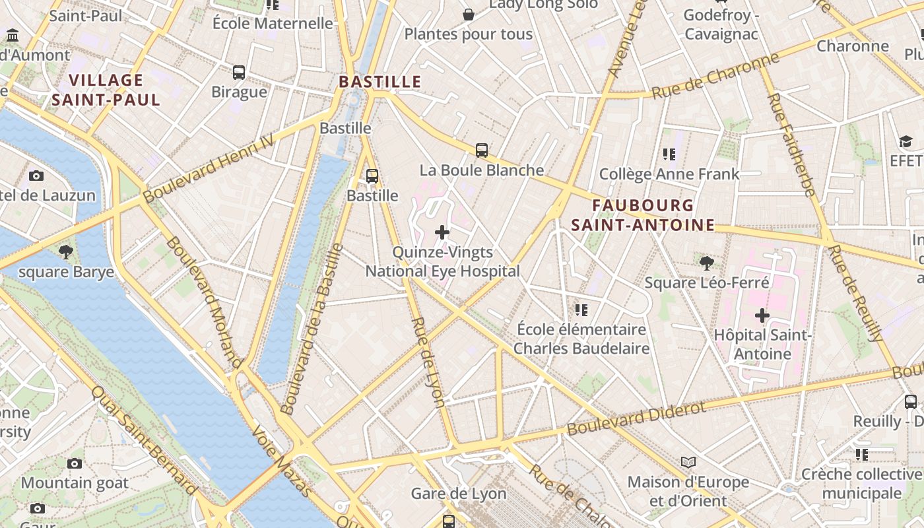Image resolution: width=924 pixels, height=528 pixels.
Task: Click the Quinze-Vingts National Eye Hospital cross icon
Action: (x=442, y=232)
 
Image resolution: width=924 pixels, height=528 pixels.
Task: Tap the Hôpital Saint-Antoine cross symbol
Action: (x=762, y=315)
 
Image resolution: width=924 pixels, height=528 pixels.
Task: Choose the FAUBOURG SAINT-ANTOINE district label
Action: (x=643, y=215)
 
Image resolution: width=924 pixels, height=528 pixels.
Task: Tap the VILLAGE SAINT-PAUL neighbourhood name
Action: (x=106, y=90)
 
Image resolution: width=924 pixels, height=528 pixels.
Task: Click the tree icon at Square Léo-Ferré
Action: (x=707, y=263)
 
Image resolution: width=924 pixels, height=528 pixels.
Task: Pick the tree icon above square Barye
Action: (x=65, y=251)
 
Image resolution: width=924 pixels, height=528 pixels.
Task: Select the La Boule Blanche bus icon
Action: (x=482, y=150)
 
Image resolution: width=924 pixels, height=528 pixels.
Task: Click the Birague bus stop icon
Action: (x=239, y=73)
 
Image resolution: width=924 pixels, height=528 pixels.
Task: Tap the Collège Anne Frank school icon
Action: (x=669, y=154)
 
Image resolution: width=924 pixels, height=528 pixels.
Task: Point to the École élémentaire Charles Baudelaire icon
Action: (x=581, y=310)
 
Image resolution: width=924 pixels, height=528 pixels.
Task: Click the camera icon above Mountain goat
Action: (x=75, y=463)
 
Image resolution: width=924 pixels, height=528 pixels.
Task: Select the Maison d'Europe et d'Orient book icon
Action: (x=688, y=463)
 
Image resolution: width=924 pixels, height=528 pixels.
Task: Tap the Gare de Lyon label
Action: (x=458, y=494)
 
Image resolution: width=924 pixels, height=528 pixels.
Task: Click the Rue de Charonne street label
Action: (x=715, y=77)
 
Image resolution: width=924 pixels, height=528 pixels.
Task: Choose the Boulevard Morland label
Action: (x=204, y=300)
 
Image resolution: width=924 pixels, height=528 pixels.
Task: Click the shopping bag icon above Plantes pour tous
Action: (x=468, y=15)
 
